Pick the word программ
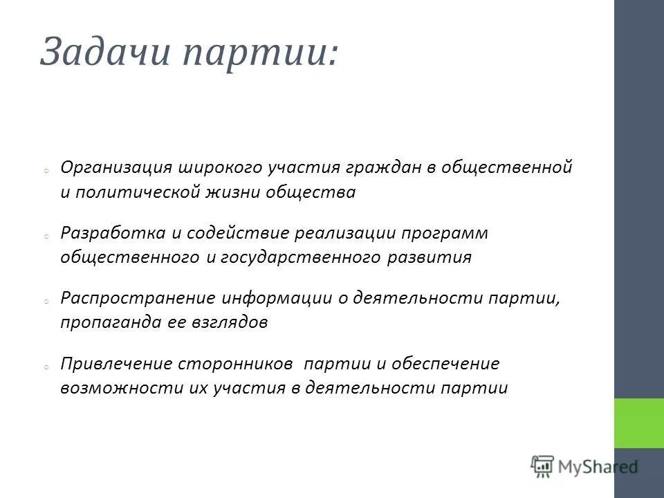coord(445,233)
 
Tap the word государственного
coord(301,257)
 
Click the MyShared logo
coord(584,467)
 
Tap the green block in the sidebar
coord(638,423)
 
